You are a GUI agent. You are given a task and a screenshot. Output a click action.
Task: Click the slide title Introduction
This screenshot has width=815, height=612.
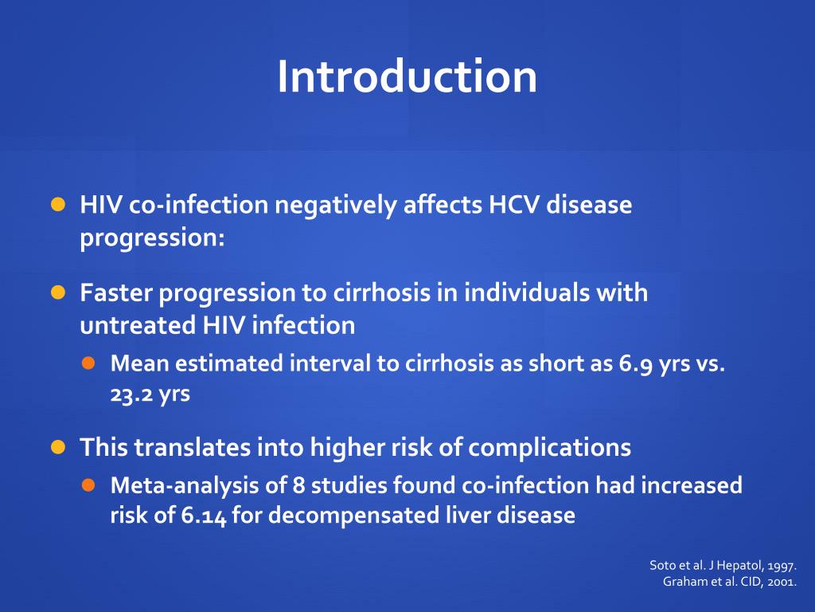[407, 76]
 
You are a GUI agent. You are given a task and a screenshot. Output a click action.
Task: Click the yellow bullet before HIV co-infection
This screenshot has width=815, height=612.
[58, 204]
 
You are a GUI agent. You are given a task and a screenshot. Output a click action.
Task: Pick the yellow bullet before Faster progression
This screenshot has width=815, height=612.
[58, 292]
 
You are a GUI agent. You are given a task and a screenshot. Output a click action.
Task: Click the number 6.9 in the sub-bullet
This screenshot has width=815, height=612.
[635, 363]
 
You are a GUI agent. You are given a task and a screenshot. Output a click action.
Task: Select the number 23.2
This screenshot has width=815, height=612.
[130, 394]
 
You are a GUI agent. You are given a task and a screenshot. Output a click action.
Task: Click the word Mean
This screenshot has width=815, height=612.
[140, 363]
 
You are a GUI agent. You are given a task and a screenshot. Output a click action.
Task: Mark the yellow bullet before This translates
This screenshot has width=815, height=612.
[58, 446]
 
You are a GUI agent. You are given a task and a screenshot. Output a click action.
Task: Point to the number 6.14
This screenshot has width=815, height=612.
[204, 516]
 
